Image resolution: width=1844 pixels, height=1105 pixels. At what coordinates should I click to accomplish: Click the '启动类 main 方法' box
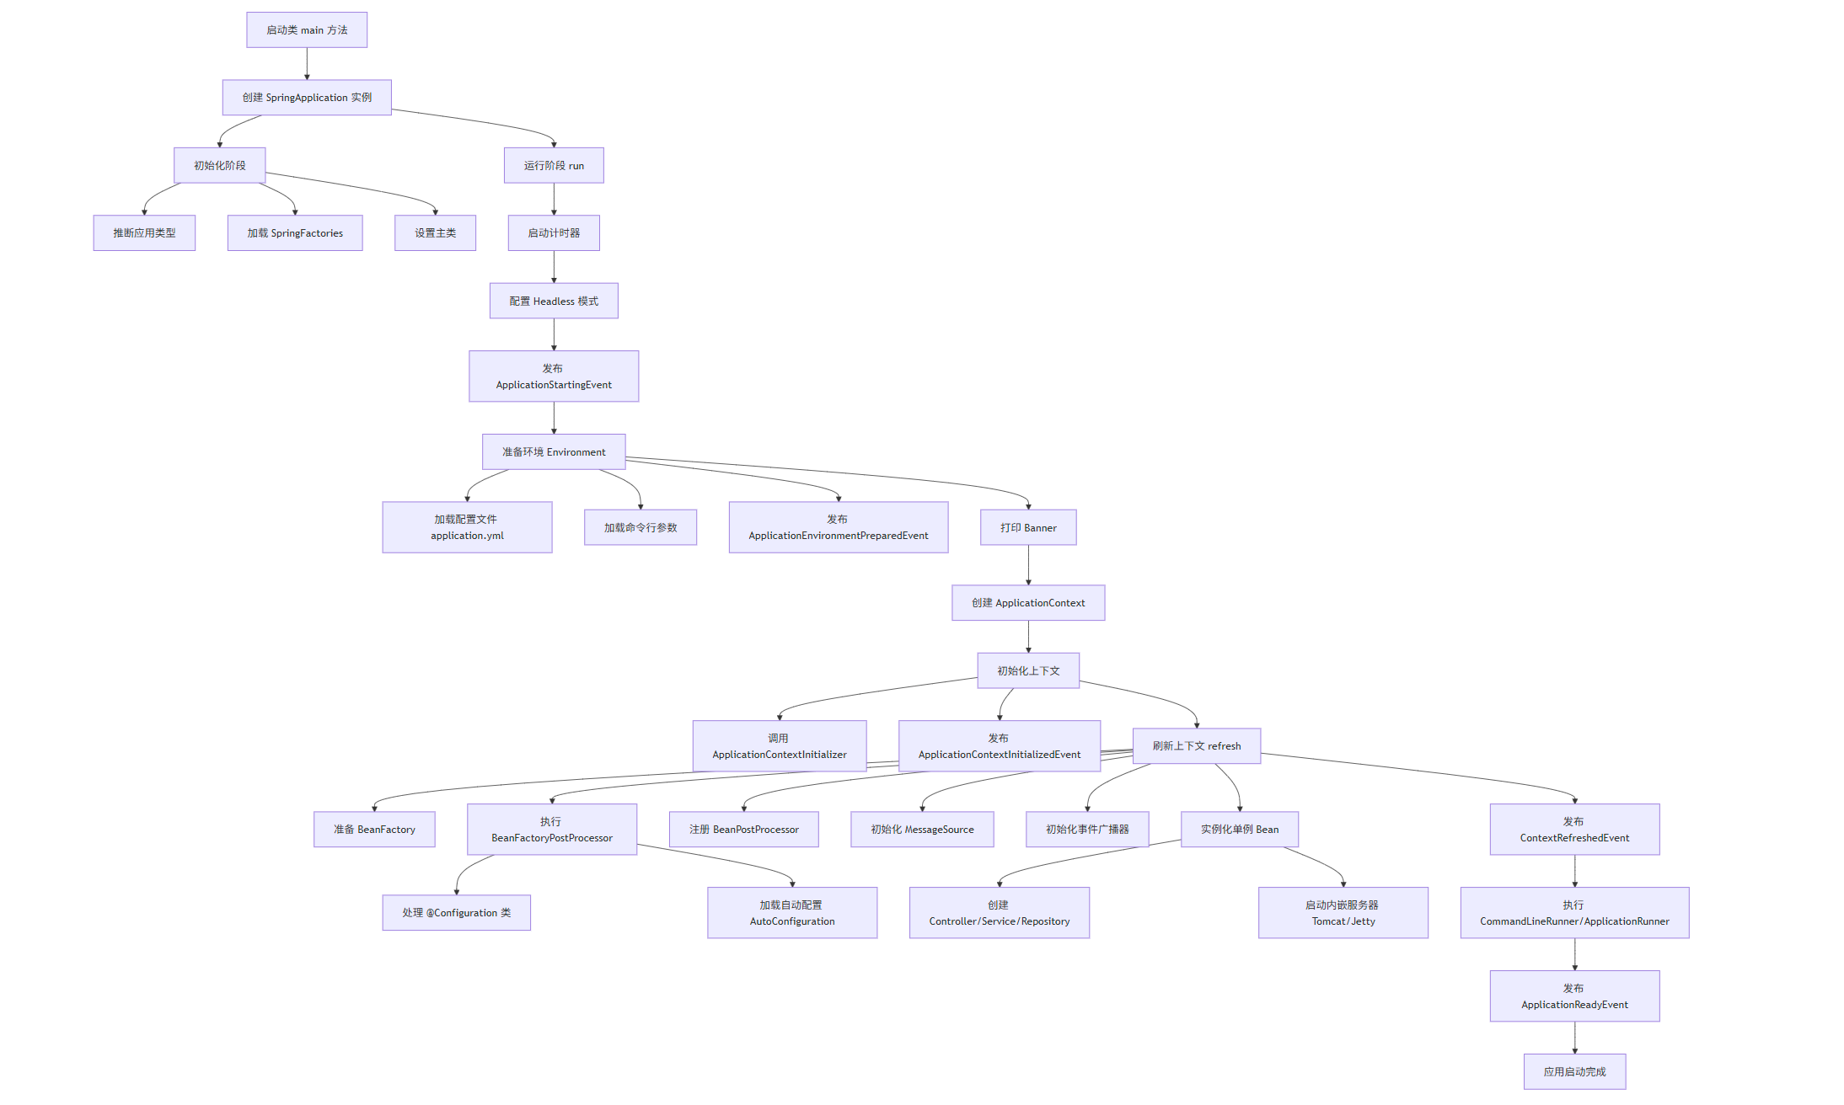(307, 30)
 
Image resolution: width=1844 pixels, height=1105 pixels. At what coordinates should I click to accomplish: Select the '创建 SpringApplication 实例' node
(307, 98)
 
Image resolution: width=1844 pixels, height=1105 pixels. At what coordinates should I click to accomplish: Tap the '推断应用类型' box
(144, 233)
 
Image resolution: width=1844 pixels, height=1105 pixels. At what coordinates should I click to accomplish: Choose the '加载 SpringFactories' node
(295, 233)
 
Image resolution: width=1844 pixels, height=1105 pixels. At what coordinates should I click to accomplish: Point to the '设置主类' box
(435, 233)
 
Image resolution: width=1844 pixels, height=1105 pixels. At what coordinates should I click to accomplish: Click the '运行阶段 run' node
(554, 166)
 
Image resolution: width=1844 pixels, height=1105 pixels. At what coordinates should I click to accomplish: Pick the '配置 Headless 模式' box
(554, 301)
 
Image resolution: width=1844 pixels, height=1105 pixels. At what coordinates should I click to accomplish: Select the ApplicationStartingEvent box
(554, 376)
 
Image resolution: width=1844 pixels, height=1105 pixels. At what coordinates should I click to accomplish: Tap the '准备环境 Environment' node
(554, 452)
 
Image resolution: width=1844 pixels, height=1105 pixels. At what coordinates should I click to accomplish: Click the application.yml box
(467, 527)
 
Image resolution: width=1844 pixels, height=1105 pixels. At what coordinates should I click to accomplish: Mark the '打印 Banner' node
(1028, 528)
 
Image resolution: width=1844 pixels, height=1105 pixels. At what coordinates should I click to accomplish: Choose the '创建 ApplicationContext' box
(1028, 603)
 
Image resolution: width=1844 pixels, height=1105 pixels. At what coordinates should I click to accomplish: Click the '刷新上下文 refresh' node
(1197, 746)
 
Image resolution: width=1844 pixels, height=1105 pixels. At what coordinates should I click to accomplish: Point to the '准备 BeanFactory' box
(374, 830)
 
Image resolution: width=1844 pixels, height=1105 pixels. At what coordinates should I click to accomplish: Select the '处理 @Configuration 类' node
(456, 913)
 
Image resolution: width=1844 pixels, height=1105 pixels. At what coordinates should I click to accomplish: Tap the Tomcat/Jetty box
(1343, 913)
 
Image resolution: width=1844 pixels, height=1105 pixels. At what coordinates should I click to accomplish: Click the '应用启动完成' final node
(1574, 1072)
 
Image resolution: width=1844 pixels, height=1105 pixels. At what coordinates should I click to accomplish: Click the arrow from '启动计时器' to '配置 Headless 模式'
(554, 267)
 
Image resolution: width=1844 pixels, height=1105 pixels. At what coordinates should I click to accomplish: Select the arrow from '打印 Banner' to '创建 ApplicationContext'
(1028, 565)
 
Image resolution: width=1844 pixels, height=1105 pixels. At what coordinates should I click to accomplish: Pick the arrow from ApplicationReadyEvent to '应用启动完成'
(1574, 1038)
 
